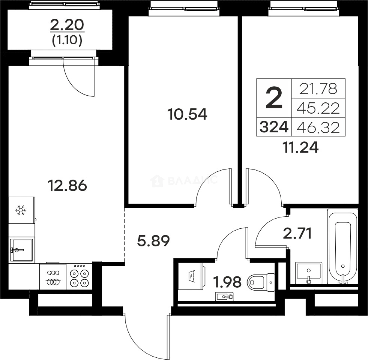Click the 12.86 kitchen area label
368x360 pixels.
67,186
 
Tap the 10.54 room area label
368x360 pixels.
188,115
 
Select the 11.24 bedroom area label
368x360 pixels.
301,148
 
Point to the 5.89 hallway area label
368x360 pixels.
153,241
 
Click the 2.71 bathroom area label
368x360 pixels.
298,234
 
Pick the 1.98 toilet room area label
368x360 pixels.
227,282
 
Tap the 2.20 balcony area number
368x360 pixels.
67,25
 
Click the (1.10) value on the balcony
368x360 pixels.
67,41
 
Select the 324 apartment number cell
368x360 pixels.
274,127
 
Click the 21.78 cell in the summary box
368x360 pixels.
318,89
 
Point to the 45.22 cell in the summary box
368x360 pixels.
318,108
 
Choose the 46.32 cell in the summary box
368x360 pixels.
318,127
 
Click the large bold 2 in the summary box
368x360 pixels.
274,98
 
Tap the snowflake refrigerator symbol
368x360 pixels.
21,210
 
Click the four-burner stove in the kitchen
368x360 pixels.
79,277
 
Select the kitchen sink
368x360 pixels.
22,250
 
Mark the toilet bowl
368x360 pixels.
261,282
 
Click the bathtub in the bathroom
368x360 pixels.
343,246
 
